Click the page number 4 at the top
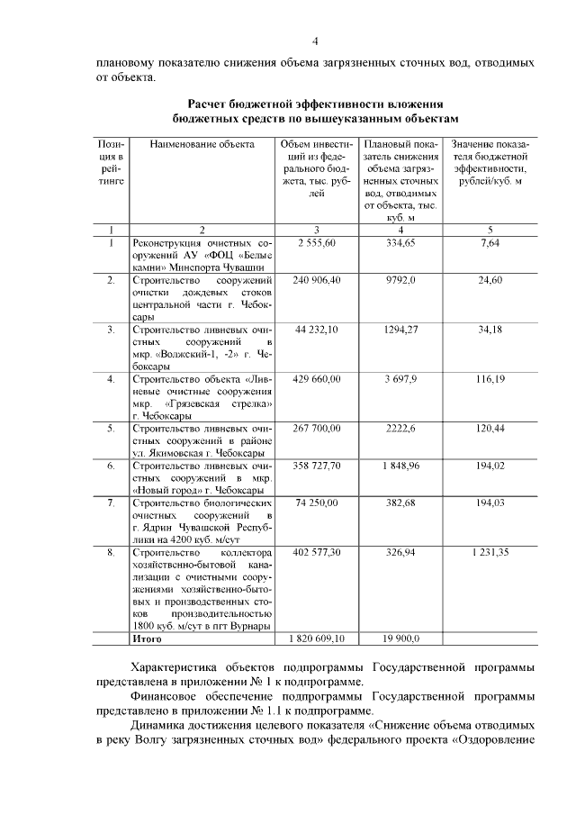coord(315,41)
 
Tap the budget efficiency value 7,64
coord(490,243)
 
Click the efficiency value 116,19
coord(490,379)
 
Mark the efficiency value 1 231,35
coord(490,552)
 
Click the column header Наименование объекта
coord(202,144)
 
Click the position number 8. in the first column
coord(111,552)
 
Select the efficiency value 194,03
coord(490,503)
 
